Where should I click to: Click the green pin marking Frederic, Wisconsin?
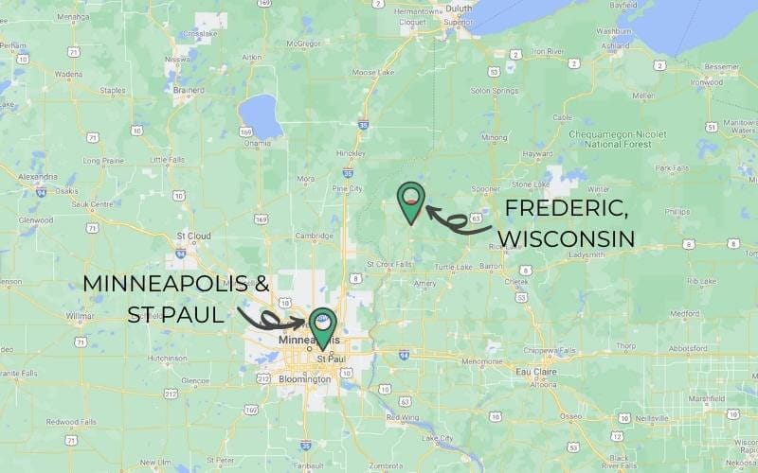point(410,201)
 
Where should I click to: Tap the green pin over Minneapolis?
point(324,327)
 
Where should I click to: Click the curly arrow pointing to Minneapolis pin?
point(269,318)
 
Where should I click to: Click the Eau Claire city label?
point(534,372)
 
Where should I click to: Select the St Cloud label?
point(193,236)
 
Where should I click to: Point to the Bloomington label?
point(305,379)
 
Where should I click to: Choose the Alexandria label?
point(37,176)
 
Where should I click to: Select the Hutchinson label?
point(168,359)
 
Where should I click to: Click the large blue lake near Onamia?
point(259,114)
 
